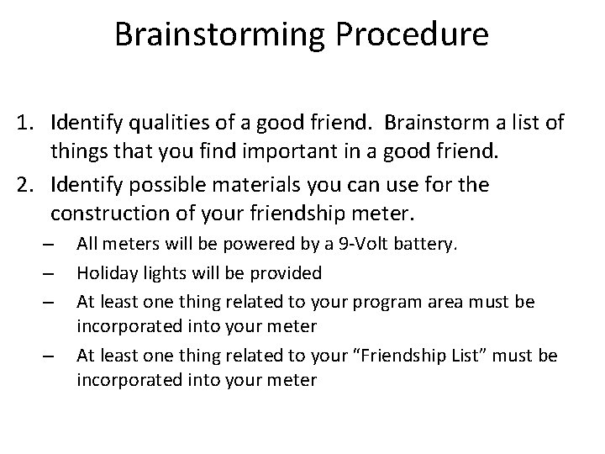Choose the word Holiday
pos(105,272)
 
